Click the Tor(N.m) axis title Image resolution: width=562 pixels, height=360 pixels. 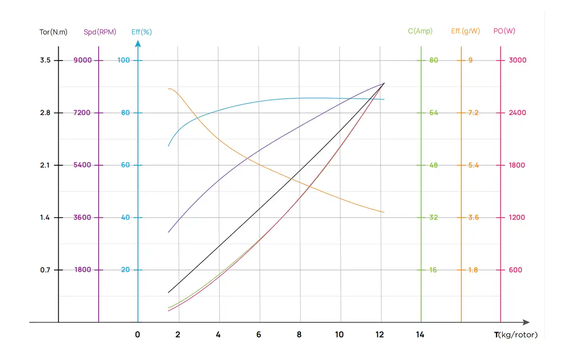(53, 32)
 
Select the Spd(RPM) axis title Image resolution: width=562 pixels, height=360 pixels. (100, 32)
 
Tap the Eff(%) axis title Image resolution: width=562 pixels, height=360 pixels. (142, 32)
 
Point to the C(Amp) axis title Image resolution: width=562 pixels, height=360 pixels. (420, 31)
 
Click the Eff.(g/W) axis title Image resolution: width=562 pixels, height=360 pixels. (465, 31)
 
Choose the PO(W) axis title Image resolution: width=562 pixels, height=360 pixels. (504, 31)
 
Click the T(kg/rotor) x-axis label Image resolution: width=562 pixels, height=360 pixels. (515, 335)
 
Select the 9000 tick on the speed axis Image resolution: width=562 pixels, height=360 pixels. (82, 60)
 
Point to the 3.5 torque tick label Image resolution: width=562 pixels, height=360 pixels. (45, 60)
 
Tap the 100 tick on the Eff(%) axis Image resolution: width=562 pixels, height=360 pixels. (123, 60)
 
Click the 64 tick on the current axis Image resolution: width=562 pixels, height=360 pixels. (433, 113)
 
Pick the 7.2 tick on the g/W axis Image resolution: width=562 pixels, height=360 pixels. (473, 113)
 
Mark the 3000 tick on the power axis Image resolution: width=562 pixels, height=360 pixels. (517, 60)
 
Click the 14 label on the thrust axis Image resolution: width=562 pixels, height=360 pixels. (420, 335)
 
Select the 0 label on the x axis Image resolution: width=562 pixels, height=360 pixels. (137, 335)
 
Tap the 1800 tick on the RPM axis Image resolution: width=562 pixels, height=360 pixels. (82, 270)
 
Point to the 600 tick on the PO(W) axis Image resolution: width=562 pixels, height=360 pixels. (515, 270)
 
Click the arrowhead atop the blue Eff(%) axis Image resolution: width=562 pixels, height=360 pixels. (138, 44)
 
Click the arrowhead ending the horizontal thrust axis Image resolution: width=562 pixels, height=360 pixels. (527, 322)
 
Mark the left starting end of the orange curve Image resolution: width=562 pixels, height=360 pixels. (169, 89)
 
